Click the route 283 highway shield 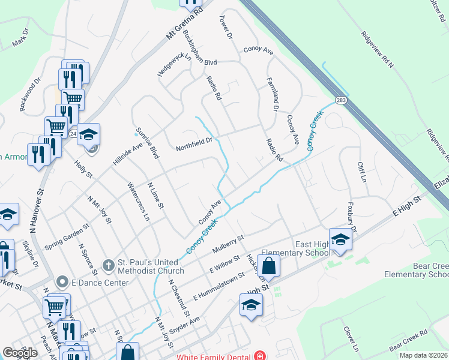tap(341, 100)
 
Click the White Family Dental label tap(214, 356)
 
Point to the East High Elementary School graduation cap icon tap(340, 239)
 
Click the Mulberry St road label tap(228, 244)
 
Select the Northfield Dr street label tap(194, 144)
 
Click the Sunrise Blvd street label tap(146, 143)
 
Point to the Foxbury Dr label tap(351, 217)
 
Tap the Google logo tap(20, 353)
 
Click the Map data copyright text tap(423, 355)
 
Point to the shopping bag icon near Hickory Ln tap(270, 265)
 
